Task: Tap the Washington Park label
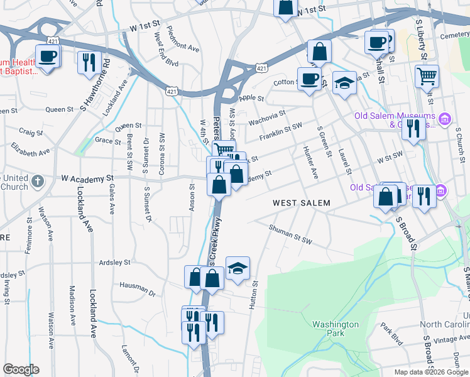[x=336, y=329]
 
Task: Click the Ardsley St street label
[x=113, y=262]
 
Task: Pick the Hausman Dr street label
[x=136, y=288]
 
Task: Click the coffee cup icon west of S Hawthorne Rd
[x=48, y=57]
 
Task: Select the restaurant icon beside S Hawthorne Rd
[x=88, y=62]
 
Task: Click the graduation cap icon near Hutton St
[x=238, y=268]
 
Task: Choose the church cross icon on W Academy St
[x=37, y=182]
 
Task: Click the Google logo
[x=21, y=369]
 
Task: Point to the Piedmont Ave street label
[x=183, y=45]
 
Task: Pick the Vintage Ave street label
[x=451, y=339]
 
